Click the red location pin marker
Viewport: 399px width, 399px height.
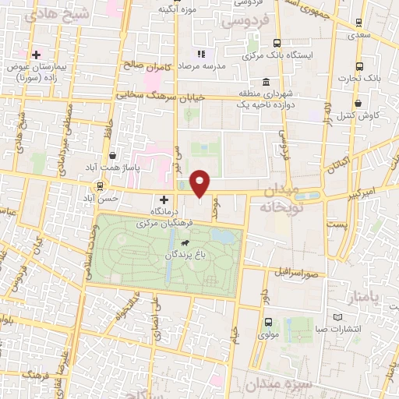point(200,182)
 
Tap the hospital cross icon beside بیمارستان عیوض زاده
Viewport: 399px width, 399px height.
point(36,54)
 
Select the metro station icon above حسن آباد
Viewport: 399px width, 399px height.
point(99,185)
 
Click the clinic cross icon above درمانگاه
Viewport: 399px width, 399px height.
point(164,199)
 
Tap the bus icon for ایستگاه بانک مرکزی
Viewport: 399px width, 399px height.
point(276,44)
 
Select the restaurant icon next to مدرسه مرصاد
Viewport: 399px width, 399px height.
point(200,54)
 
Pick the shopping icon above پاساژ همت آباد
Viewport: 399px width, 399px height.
point(113,156)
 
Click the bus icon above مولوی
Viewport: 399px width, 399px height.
point(268,322)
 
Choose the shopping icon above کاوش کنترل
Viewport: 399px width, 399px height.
point(357,103)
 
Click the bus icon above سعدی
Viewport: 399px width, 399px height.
point(358,23)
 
